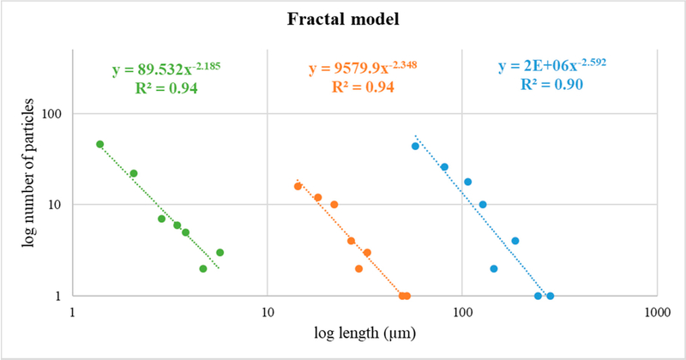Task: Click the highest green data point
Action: tap(99, 145)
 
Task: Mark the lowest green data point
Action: tap(203, 268)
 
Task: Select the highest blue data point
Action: tap(415, 146)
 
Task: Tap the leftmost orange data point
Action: tap(298, 186)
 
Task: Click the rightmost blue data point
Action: tap(550, 296)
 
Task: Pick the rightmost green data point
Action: tap(220, 252)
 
